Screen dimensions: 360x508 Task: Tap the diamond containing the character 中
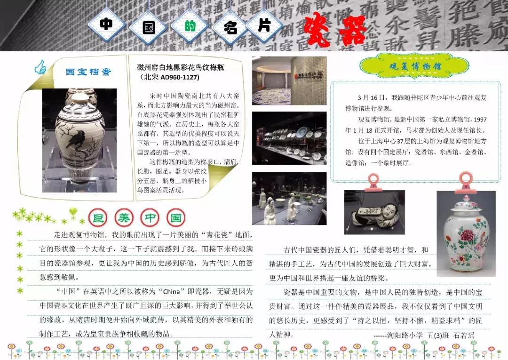107,25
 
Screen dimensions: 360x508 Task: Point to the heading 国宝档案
88,72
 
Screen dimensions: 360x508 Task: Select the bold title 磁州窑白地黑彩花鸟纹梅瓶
181,68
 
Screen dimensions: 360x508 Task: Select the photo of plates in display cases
289,138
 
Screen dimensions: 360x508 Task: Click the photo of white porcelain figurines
289,198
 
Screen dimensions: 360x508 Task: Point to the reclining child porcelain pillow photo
374,212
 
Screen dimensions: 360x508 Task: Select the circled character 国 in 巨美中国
175,218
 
